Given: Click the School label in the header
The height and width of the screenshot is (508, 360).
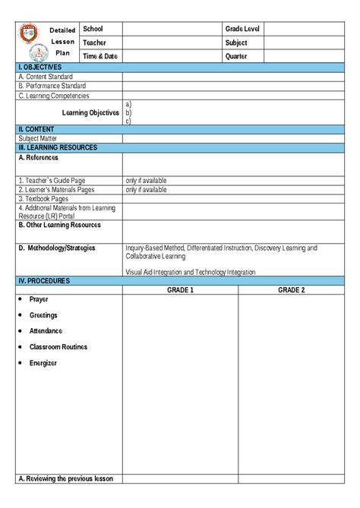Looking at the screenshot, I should tap(93, 28).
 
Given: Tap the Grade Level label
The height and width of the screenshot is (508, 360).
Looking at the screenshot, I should tap(242, 28).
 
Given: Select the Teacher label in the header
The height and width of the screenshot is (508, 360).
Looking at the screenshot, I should tap(95, 43).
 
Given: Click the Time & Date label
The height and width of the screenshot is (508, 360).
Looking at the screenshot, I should tap(101, 56).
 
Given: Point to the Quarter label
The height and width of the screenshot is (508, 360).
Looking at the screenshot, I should tap(236, 56).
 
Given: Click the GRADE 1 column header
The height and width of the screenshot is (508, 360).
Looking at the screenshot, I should tap(181, 290).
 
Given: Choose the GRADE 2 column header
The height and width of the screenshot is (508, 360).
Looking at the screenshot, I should tap(291, 290).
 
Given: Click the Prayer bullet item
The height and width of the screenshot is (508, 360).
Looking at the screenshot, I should tap(39, 299).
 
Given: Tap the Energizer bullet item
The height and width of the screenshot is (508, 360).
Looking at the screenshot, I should tap(43, 363).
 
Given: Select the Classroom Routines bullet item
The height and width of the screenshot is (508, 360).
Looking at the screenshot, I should tap(58, 347).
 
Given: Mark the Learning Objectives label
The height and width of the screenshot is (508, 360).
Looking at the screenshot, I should tap(90, 112).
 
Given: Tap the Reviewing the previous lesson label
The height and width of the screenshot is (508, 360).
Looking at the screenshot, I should tap(65, 478).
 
